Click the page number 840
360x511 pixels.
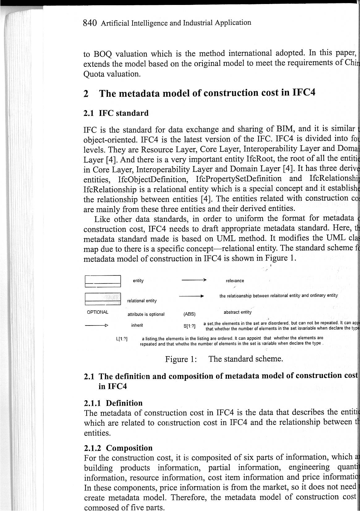pos(90,23)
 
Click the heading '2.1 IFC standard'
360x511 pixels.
pos(116,113)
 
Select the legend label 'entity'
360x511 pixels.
pos(138,281)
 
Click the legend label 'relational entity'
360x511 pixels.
pos(142,301)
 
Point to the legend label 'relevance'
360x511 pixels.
pos(235,281)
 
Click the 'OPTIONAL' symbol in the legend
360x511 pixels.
pos(98,312)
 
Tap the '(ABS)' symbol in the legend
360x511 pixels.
pos(189,314)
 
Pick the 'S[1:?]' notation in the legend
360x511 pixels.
pos(189,326)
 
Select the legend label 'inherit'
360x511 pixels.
pos(137,325)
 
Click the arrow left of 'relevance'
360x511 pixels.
pos(194,280)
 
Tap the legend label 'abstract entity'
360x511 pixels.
pos(238,312)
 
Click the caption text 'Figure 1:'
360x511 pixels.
pos(181,359)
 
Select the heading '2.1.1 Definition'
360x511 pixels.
pos(113,403)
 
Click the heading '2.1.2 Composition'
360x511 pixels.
pos(118,448)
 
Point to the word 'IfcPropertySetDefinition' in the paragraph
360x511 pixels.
pos(239,179)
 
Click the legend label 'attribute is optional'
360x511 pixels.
pos(146,314)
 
